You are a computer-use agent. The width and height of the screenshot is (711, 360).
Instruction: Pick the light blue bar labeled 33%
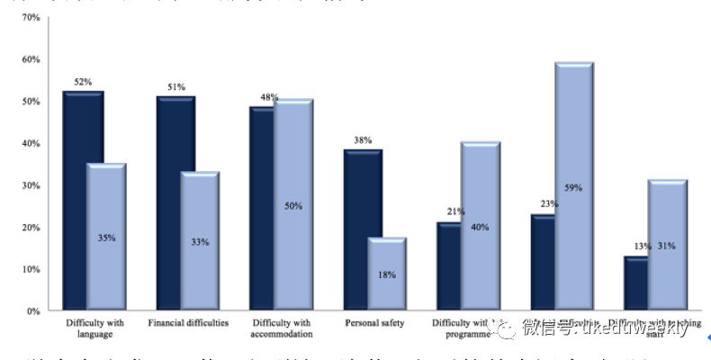(x=200, y=241)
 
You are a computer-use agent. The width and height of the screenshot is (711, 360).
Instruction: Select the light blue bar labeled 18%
(x=387, y=274)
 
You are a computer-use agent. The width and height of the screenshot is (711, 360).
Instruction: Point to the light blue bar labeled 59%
(x=574, y=186)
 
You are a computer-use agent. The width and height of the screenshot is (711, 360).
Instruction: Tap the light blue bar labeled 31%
(x=667, y=245)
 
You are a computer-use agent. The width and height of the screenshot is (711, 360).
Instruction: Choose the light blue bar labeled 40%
(x=481, y=226)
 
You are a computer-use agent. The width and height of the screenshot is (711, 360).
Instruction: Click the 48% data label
(x=268, y=97)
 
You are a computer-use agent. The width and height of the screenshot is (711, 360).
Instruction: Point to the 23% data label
(x=549, y=204)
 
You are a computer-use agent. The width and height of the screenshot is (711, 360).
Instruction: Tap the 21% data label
(x=454, y=211)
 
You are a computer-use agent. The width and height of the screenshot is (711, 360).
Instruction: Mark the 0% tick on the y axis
(x=32, y=311)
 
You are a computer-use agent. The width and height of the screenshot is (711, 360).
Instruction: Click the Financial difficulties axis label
(x=188, y=322)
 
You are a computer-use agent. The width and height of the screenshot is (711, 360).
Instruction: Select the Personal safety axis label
(x=374, y=322)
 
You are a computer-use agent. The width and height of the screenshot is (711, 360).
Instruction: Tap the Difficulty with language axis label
(x=94, y=328)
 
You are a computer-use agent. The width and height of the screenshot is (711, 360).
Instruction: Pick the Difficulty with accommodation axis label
(x=283, y=328)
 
